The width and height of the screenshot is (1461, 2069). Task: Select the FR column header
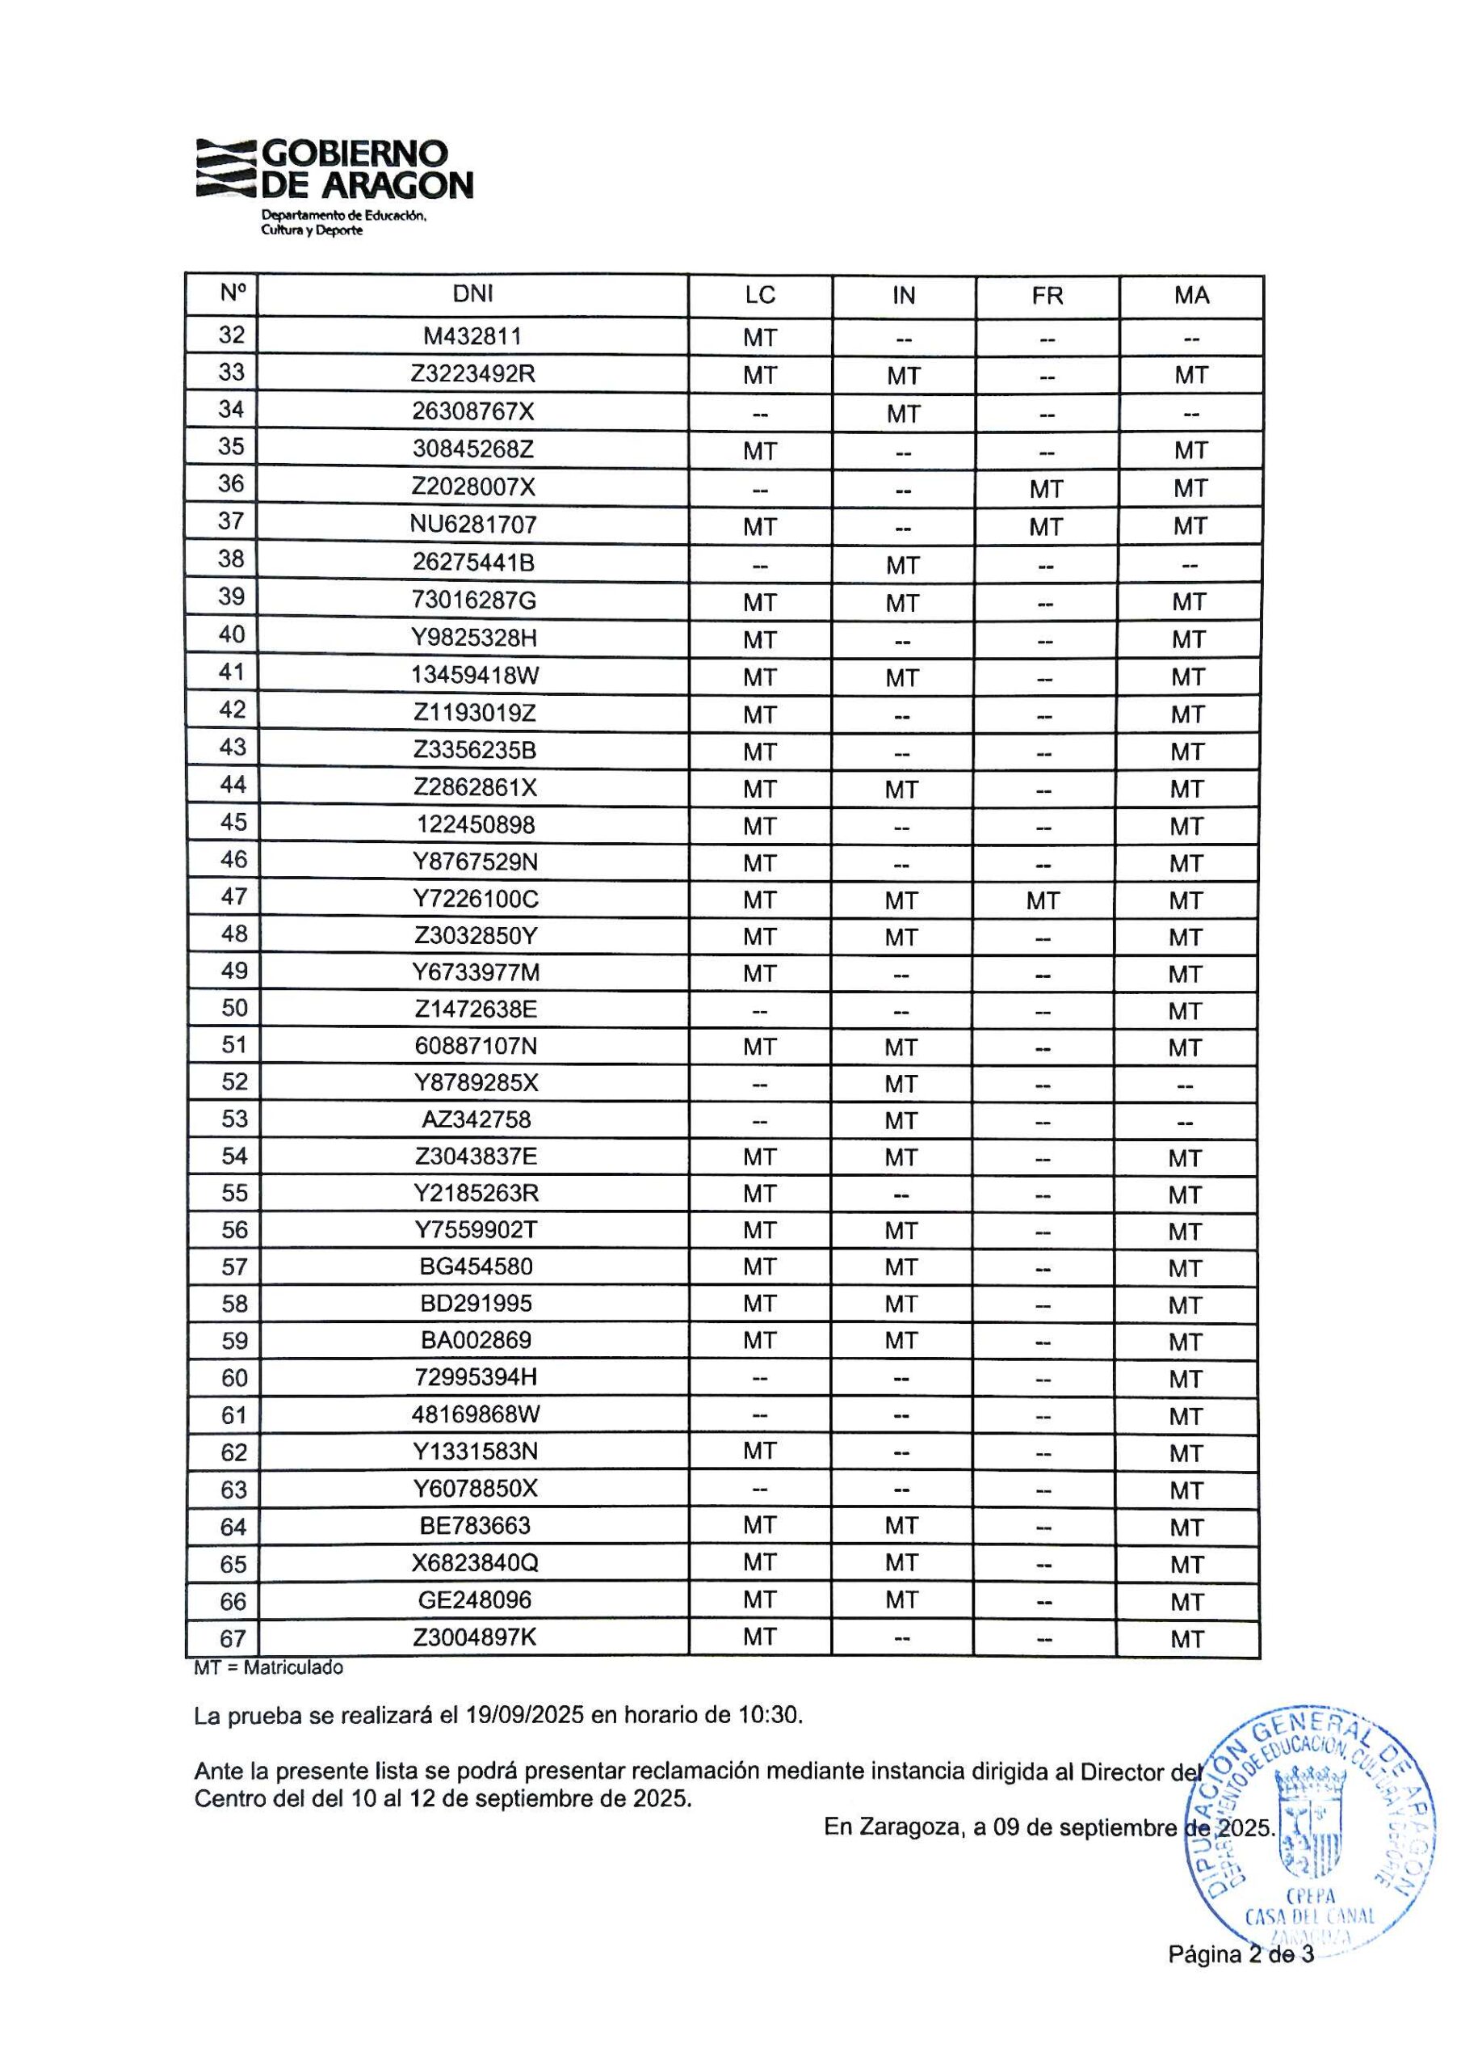(x=1047, y=296)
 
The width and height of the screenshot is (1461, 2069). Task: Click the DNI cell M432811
(x=473, y=336)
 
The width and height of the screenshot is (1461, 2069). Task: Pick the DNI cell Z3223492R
(x=473, y=373)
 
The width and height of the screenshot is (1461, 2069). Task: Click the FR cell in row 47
(x=1043, y=900)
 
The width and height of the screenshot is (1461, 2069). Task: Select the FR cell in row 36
(x=1046, y=488)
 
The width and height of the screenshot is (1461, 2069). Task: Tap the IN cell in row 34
(x=903, y=414)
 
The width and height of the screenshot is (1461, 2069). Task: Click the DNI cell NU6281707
(x=473, y=524)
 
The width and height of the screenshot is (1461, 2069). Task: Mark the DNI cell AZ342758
(x=477, y=1119)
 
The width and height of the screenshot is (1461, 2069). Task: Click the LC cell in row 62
(x=759, y=1451)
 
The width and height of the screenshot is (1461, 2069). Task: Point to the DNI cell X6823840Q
(x=476, y=1562)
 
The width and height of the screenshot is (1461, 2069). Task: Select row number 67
(x=233, y=1637)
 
